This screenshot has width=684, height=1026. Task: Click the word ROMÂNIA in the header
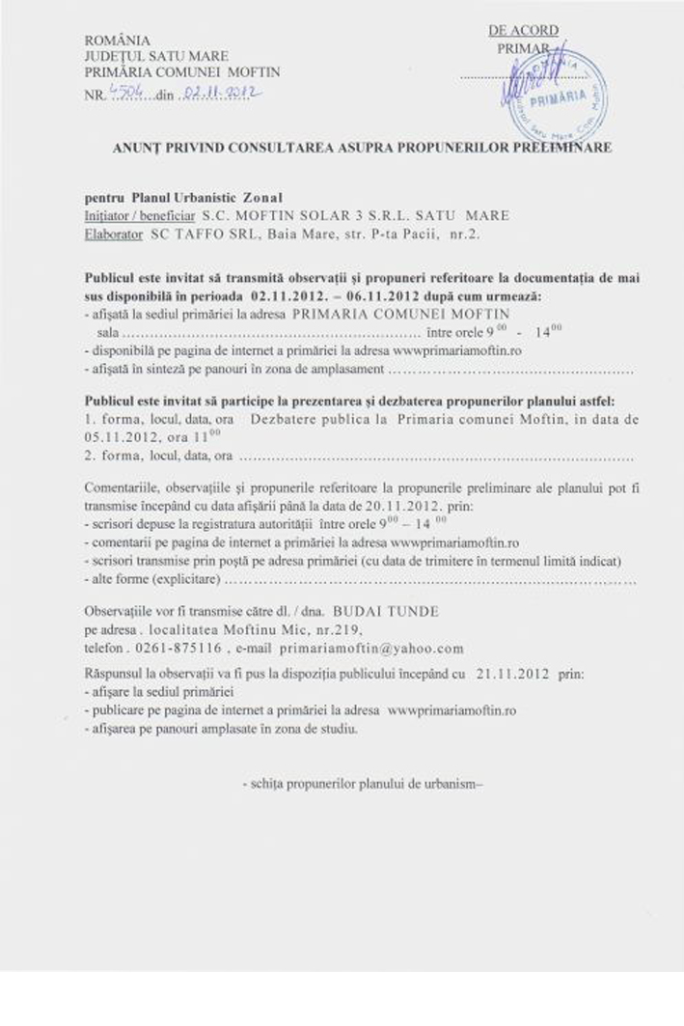pyautogui.click(x=118, y=41)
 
